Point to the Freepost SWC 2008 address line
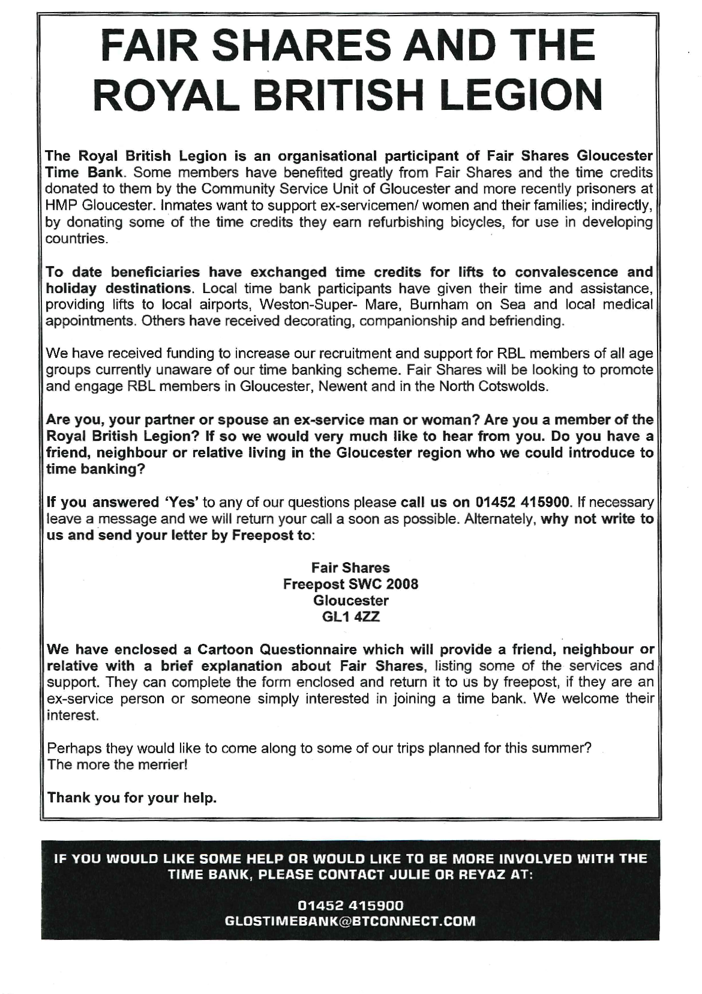pyautogui.click(x=350, y=584)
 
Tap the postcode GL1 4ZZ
pyautogui.click(x=350, y=617)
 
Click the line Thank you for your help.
pyautogui.click(x=132, y=798)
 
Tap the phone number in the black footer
pyautogui.click(x=350, y=905)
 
